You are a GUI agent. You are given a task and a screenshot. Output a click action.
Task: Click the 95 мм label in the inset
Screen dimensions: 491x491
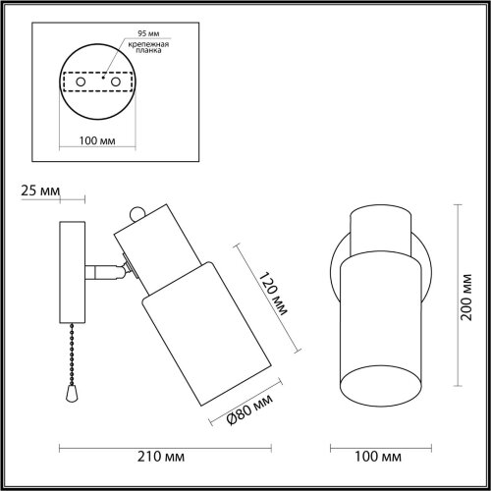(148, 33)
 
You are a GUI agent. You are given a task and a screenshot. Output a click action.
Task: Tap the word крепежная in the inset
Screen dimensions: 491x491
(148, 44)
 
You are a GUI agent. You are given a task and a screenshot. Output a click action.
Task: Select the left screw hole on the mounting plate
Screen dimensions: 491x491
(81, 82)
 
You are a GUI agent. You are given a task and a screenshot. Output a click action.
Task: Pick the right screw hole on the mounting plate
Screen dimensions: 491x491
(116, 82)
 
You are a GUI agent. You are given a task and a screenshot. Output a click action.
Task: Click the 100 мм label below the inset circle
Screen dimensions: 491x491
(97, 140)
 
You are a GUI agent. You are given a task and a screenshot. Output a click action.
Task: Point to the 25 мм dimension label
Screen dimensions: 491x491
(40, 191)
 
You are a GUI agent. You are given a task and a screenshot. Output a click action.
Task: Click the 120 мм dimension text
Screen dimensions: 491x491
(273, 294)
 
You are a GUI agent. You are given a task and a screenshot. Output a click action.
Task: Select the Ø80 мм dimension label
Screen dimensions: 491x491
(249, 409)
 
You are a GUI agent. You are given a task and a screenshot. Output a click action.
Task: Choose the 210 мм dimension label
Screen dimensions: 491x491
(161, 457)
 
